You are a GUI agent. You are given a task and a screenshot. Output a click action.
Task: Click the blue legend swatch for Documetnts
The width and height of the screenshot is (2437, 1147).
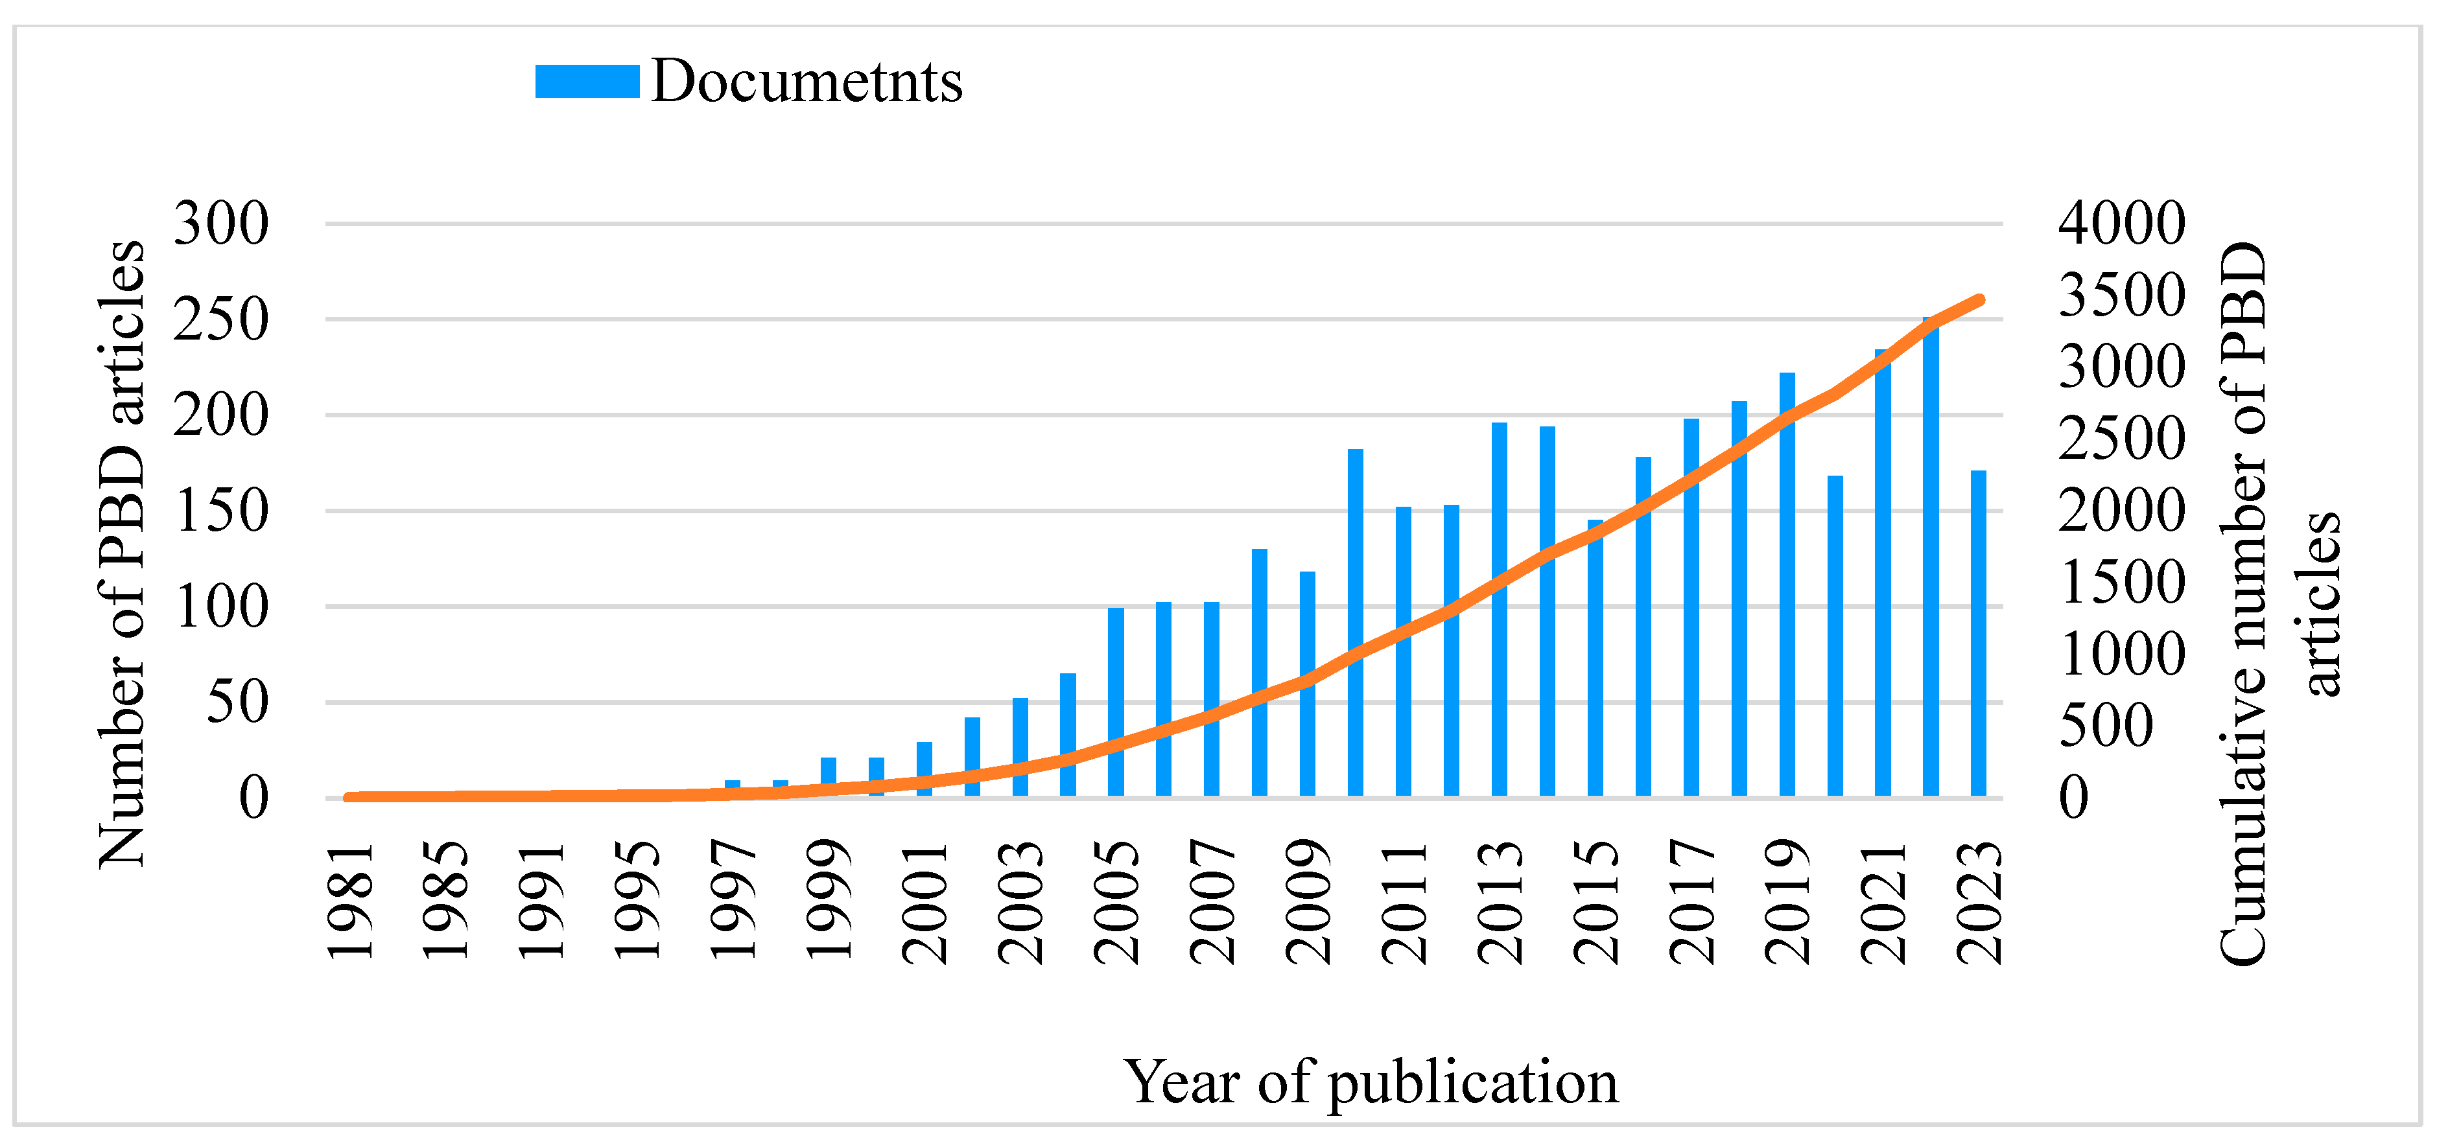[587, 81]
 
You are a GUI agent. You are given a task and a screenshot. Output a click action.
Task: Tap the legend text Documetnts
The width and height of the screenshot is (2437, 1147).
[806, 81]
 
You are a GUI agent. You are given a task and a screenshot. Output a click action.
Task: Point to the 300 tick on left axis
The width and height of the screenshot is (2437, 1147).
[220, 224]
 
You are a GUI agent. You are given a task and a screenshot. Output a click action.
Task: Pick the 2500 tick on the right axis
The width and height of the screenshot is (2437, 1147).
[2121, 439]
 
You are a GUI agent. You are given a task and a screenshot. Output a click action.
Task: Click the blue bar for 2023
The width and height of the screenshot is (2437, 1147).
[1978, 634]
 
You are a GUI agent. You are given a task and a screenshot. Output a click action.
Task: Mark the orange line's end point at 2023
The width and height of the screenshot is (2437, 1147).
[1979, 300]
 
